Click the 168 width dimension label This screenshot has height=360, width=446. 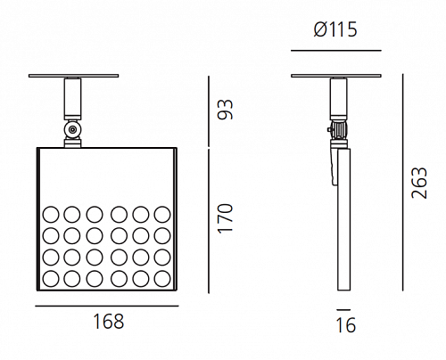tap(108, 322)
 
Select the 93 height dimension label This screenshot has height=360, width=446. tap(226, 110)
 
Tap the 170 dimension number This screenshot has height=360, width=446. tap(225, 218)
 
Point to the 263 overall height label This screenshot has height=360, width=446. tap(419, 183)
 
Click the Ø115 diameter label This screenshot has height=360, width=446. tap(335, 29)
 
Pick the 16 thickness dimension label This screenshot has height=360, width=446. tap(345, 325)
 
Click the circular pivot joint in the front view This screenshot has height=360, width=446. tap(72, 130)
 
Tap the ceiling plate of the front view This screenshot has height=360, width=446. tap(74, 76)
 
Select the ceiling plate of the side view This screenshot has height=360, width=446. tap(336, 76)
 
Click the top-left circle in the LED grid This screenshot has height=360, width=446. tap(51, 215)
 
